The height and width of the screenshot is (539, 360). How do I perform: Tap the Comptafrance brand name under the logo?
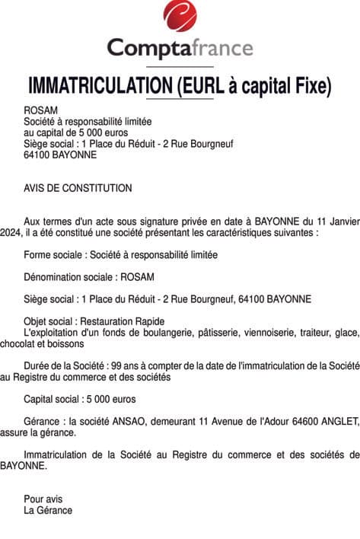[x=180, y=48]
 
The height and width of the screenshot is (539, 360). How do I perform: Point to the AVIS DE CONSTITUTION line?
[x=78, y=188]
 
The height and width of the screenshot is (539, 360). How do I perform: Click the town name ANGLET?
[x=342, y=421]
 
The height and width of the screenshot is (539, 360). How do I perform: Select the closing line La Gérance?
[x=48, y=510]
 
